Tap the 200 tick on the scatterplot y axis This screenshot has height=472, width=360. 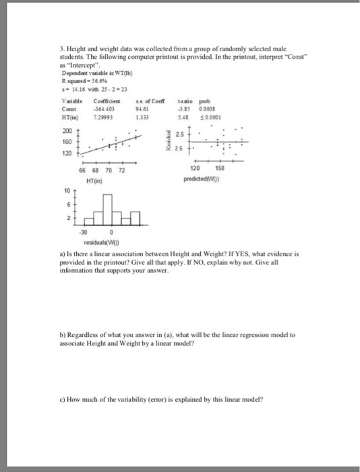(66, 129)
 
